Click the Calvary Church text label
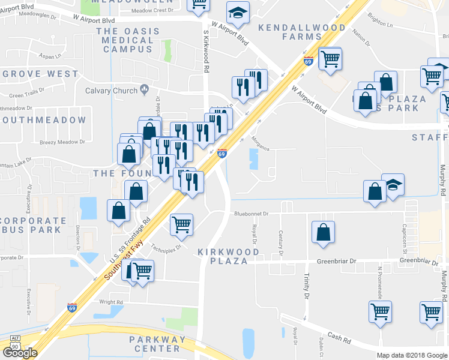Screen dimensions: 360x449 (111, 91)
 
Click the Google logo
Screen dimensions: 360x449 (20, 353)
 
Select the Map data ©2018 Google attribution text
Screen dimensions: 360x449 (412, 355)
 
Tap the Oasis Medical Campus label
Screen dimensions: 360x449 (128, 40)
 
